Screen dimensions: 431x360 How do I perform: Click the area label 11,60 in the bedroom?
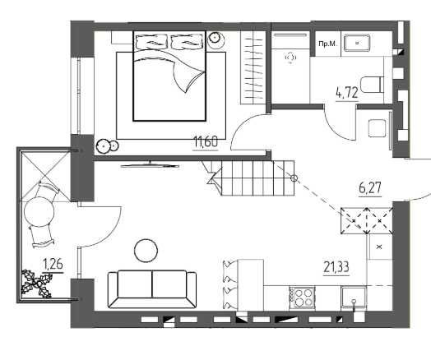[206, 142]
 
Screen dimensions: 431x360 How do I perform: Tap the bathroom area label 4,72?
[347, 93]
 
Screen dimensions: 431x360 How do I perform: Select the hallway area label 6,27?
[370, 188]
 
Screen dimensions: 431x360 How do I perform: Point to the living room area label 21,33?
[336, 267]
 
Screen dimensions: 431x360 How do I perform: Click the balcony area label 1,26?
[53, 265]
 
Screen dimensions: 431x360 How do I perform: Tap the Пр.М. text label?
[327, 44]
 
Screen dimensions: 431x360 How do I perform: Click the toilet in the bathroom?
[372, 85]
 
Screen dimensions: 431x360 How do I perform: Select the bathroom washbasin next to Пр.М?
[357, 43]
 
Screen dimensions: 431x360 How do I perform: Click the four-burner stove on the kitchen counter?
[302, 298]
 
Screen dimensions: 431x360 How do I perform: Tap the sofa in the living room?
[152, 289]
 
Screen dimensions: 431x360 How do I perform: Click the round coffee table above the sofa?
[146, 251]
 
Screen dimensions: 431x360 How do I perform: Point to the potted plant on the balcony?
[36, 284]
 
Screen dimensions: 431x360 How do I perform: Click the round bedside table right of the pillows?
[216, 40]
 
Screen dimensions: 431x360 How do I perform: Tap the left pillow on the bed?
[151, 42]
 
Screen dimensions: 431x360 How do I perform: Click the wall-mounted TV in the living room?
[150, 165]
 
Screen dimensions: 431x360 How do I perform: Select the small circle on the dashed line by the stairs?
[294, 178]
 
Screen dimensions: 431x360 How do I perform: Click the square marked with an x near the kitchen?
[380, 247]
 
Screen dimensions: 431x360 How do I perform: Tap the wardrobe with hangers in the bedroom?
[253, 67]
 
